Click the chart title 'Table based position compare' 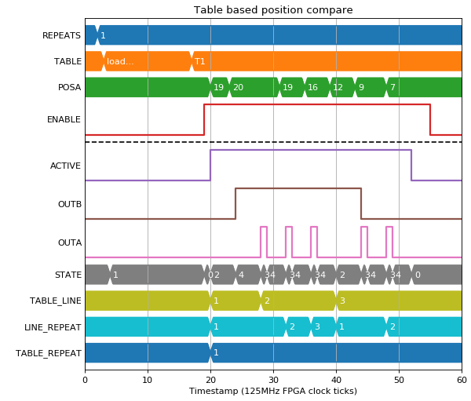coord(273,10)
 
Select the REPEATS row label coord(61,35)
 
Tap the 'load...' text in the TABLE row coord(120,61)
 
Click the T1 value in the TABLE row coord(199,61)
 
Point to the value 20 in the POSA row coord(238,87)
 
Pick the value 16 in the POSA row coord(312,87)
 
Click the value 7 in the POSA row coord(392,87)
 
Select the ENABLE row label coord(64,119)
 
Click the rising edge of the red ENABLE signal coord(204,119)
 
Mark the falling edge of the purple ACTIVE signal coord(411,166)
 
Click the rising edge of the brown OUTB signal coord(235,204)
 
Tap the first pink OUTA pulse coord(264,242)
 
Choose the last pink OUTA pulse coord(389,242)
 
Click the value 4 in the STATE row coord(241,275)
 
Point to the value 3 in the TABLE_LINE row coord(342,301)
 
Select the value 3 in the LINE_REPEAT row coord(317,326)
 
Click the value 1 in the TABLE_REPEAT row coord(216,352)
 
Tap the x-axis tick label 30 coord(273,380)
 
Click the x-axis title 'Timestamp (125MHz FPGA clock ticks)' coord(273,391)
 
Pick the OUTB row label coord(70,204)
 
